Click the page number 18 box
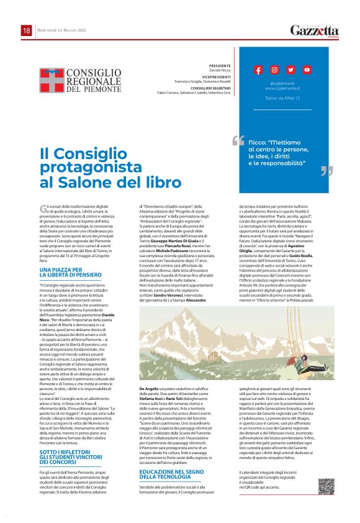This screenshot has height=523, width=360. [27, 30]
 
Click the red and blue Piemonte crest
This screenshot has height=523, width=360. [52, 80]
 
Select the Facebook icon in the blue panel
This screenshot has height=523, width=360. [258, 70]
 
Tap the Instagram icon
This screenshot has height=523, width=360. [274, 70]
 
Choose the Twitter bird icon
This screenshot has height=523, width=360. [290, 70]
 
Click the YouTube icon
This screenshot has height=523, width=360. [307, 70]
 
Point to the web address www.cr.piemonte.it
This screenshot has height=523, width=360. [282, 88]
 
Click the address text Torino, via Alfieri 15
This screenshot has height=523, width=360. [282, 98]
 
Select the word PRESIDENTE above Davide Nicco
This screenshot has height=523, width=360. [202, 65]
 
